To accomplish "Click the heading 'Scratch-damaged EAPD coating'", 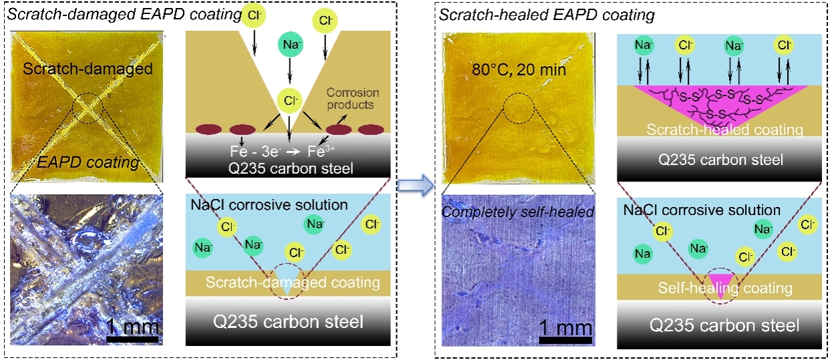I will coord(124,13).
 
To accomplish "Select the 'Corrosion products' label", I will coord(353,99).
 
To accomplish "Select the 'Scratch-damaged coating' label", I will coord(293,283).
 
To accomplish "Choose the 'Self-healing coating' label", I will coord(725,289).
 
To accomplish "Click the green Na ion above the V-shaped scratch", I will coord(289,46).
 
